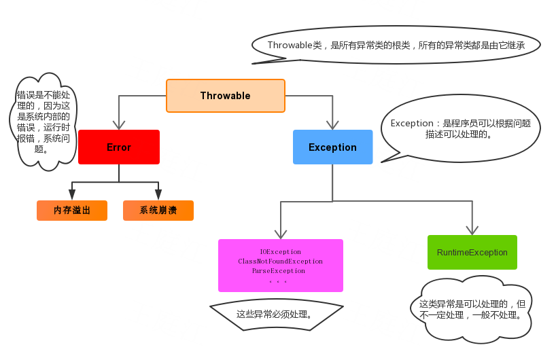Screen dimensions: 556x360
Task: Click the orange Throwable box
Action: tap(226, 96)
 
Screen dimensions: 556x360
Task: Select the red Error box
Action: tap(119, 147)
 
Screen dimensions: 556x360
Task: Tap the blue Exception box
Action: tap(332, 147)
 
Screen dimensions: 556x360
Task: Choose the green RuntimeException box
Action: tap(472, 252)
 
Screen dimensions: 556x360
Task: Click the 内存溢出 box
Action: tap(72, 211)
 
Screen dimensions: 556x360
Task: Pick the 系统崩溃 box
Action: tap(158, 211)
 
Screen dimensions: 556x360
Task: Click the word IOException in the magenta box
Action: tap(281, 252)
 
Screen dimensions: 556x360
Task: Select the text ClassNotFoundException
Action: tap(281, 262)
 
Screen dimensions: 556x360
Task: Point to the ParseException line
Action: tap(279, 271)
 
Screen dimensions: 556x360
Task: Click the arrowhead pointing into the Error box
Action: tap(119, 125)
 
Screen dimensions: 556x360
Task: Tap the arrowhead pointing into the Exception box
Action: tap(332, 125)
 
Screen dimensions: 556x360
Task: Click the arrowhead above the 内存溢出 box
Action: tap(72, 194)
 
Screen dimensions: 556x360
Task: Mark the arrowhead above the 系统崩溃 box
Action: tap(158, 194)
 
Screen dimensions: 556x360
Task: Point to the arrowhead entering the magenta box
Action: tap(281, 234)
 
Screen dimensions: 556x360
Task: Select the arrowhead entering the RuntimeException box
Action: tap(472, 230)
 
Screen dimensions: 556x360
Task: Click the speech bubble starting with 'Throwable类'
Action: tap(396, 45)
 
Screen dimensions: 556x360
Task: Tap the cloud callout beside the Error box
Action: tap(44, 122)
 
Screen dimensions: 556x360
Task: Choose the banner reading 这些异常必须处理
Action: tap(277, 314)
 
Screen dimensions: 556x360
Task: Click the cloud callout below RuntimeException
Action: tap(471, 310)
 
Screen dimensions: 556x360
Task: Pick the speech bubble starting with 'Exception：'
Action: tap(460, 128)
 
